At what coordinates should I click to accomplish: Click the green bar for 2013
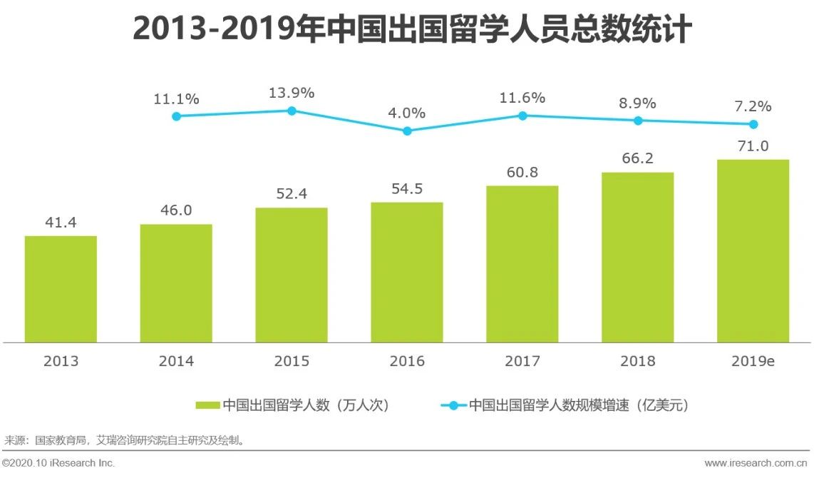point(61,289)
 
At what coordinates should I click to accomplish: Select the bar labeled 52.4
point(292,275)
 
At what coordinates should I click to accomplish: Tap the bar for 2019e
point(753,250)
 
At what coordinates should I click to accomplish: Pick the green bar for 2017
point(522,264)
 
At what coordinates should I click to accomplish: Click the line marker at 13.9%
point(292,111)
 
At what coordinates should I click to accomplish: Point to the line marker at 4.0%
point(407,131)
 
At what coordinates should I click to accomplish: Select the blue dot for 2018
point(638,121)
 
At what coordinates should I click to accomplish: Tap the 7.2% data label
point(752,106)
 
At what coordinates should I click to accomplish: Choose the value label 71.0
point(752,146)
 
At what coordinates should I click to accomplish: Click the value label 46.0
point(176,210)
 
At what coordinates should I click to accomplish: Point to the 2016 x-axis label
point(407,361)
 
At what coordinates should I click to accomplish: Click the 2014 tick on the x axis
point(176,361)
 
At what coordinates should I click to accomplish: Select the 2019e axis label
point(753,361)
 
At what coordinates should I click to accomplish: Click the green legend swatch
point(207,405)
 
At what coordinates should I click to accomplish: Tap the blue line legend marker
point(453,405)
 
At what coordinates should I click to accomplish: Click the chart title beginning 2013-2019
point(412,30)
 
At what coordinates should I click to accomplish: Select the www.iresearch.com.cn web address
point(756,463)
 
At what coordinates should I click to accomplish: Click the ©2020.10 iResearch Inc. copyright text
point(59,463)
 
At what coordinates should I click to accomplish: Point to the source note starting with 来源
point(125,439)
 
